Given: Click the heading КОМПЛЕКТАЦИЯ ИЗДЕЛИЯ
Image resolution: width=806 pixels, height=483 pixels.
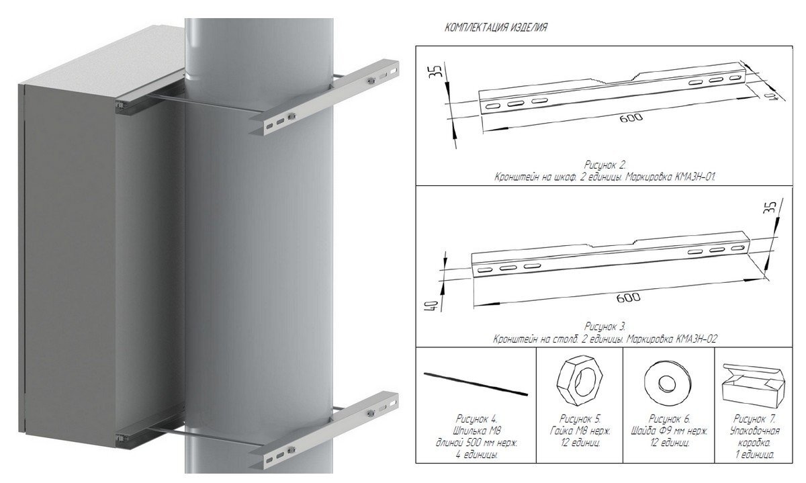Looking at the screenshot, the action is pyautogui.click(x=496, y=28).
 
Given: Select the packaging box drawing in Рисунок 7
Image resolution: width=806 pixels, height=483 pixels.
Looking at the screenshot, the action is pyautogui.click(x=754, y=387).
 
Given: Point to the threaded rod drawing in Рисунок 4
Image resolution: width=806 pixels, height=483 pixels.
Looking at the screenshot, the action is pyautogui.click(x=476, y=384).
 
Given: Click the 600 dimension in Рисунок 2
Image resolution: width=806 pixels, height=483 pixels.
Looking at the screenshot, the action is pyautogui.click(x=631, y=118).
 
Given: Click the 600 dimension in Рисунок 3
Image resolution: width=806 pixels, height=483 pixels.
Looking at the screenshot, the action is pyautogui.click(x=628, y=298).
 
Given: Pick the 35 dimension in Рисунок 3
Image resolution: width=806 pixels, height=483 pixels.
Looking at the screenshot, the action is pyautogui.click(x=770, y=208).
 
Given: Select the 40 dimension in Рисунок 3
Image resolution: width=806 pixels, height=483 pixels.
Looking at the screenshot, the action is pyautogui.click(x=435, y=306).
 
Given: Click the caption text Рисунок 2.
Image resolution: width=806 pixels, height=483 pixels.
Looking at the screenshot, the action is pyautogui.click(x=605, y=165).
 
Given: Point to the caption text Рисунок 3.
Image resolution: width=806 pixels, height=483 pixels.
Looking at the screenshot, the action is pyautogui.click(x=605, y=326).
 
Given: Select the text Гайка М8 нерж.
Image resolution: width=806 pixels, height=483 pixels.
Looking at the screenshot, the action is pyautogui.click(x=580, y=431).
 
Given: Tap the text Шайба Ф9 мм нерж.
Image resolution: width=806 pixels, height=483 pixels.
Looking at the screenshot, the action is pyautogui.click(x=670, y=431).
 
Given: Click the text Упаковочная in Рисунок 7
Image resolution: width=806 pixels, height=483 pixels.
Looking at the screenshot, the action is pyautogui.click(x=755, y=431).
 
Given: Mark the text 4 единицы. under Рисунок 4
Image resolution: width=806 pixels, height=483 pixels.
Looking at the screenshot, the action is pyautogui.click(x=477, y=455).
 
